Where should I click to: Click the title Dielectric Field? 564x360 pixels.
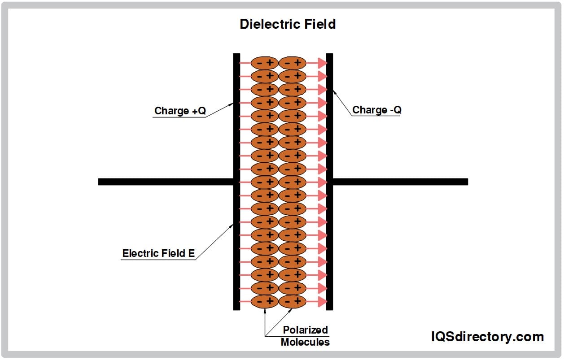coord(288,24)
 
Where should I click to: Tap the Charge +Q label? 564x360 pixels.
coord(180,111)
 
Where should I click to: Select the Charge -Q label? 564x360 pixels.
coord(376,110)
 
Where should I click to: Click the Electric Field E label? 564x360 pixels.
coord(158,253)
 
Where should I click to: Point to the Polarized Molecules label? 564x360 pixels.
coord(305,336)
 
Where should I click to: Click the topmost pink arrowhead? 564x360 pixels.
coord(322,63)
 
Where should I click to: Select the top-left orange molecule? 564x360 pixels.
coord(265,63)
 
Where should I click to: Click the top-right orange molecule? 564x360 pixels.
coord(292,63)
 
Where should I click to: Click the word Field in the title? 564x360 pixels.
coord(319,24)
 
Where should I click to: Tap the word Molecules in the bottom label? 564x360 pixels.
coord(305,342)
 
